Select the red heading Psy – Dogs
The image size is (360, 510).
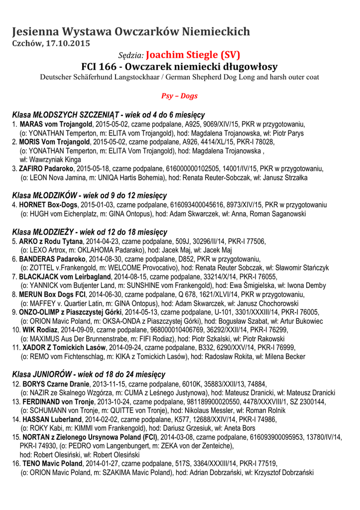pos(180,95)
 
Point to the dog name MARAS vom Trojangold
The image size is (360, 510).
pos(56,124)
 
